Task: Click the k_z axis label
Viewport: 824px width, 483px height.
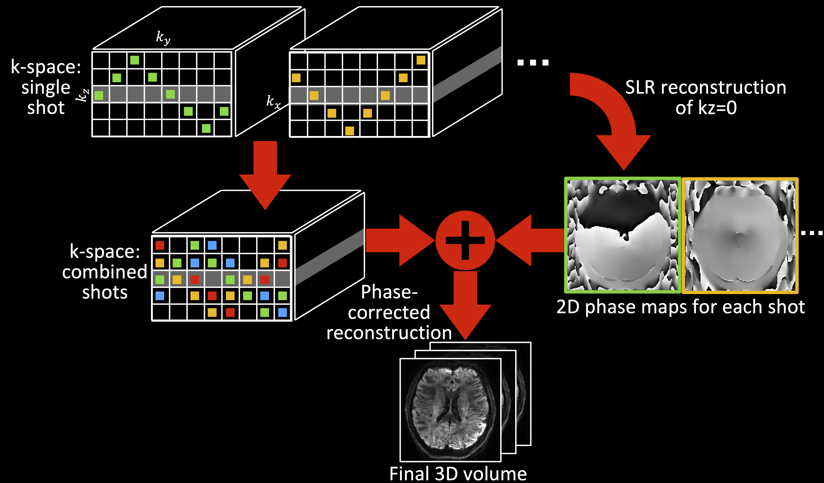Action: pos(82,95)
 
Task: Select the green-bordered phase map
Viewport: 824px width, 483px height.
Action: pos(623,235)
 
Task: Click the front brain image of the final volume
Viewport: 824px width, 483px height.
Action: pos(450,410)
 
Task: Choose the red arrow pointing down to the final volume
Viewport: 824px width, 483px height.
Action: pos(465,304)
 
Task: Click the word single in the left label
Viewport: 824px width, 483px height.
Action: pos(46,88)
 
